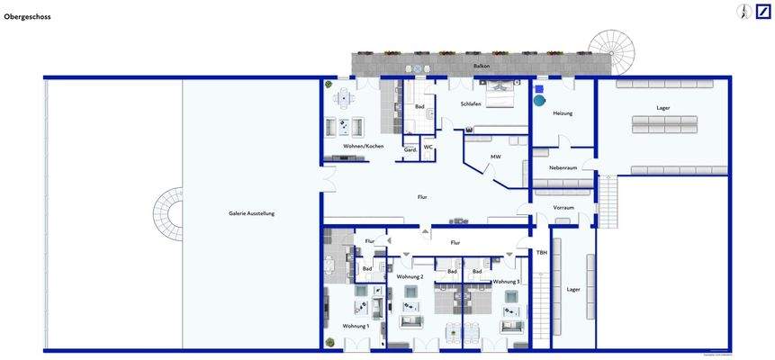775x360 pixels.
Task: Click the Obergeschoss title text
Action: [27, 16]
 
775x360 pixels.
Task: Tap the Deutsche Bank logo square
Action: [763, 12]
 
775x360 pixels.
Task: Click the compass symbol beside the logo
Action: [743, 12]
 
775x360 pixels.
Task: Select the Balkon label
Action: [482, 67]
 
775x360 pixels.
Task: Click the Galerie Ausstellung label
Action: [251, 213]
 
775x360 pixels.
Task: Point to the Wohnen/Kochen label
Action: [364, 146]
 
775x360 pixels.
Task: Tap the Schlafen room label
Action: [471, 104]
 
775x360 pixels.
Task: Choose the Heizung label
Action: [563, 113]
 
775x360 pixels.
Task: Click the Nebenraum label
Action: [563, 167]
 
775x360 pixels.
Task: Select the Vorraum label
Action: [563, 207]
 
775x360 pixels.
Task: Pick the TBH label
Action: [542, 252]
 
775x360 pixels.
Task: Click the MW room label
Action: [495, 157]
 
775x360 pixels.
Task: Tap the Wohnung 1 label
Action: [355, 326]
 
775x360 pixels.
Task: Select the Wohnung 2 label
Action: [410, 276]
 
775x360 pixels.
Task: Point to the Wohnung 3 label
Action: [506, 282]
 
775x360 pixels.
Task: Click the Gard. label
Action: [410, 149]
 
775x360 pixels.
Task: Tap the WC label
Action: [428, 147]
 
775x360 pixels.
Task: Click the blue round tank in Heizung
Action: [539, 101]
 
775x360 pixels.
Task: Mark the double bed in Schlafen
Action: [500, 94]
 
